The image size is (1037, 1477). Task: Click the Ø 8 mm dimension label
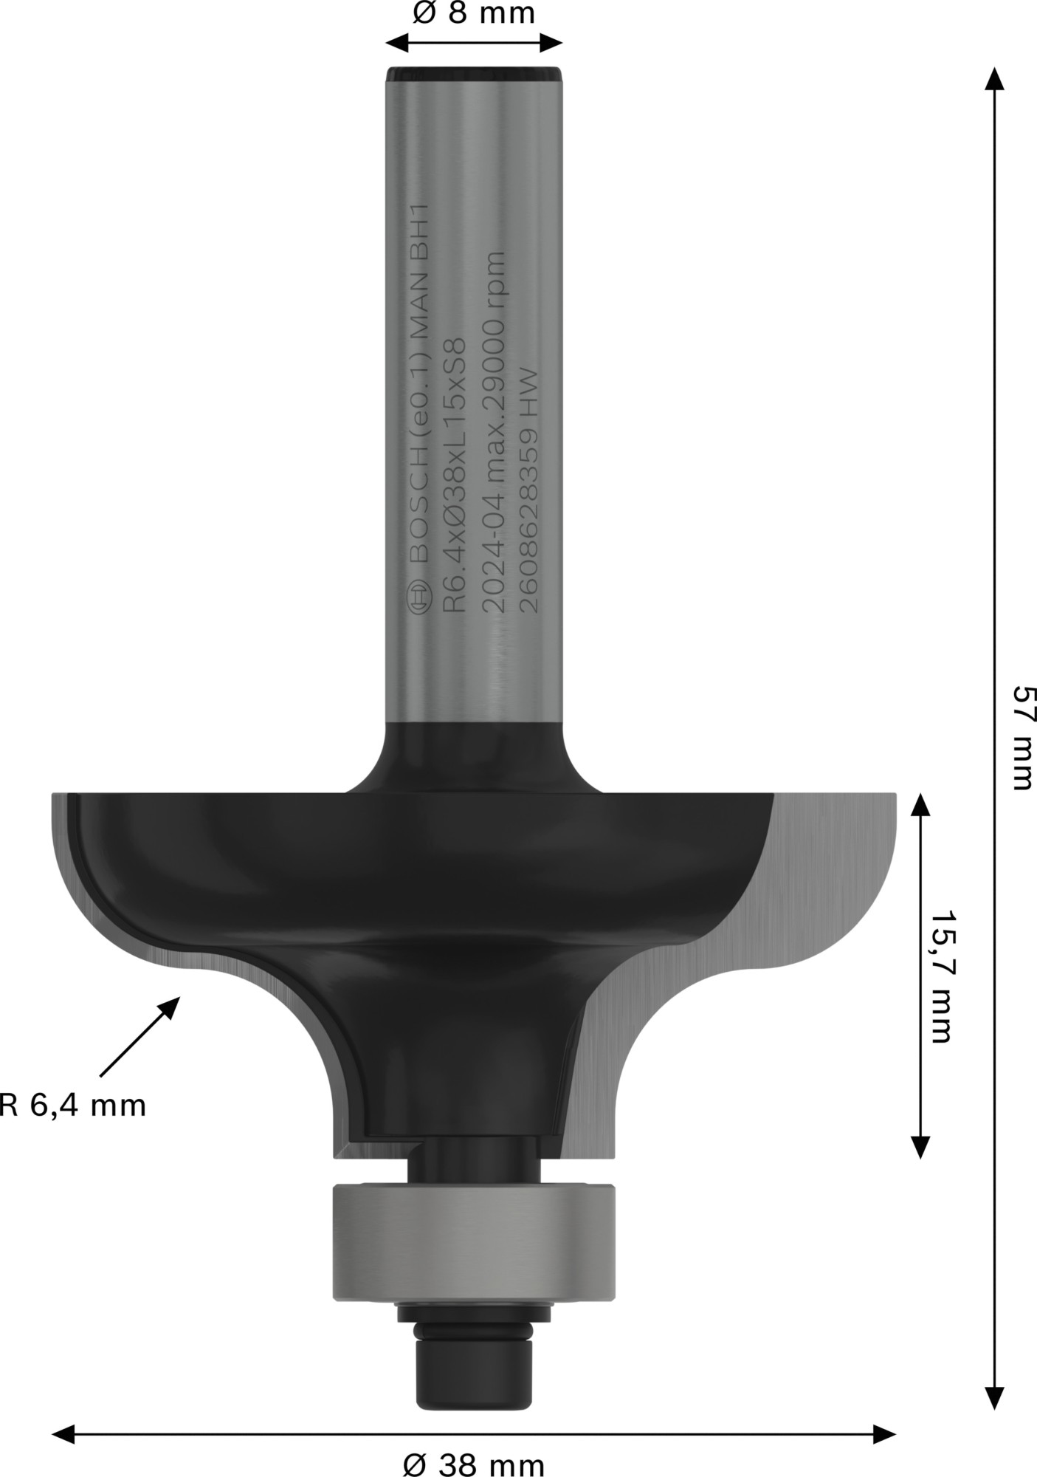click(473, 13)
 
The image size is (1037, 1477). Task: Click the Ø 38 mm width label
click(474, 1462)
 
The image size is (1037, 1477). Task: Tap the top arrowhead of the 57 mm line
click(994, 78)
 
